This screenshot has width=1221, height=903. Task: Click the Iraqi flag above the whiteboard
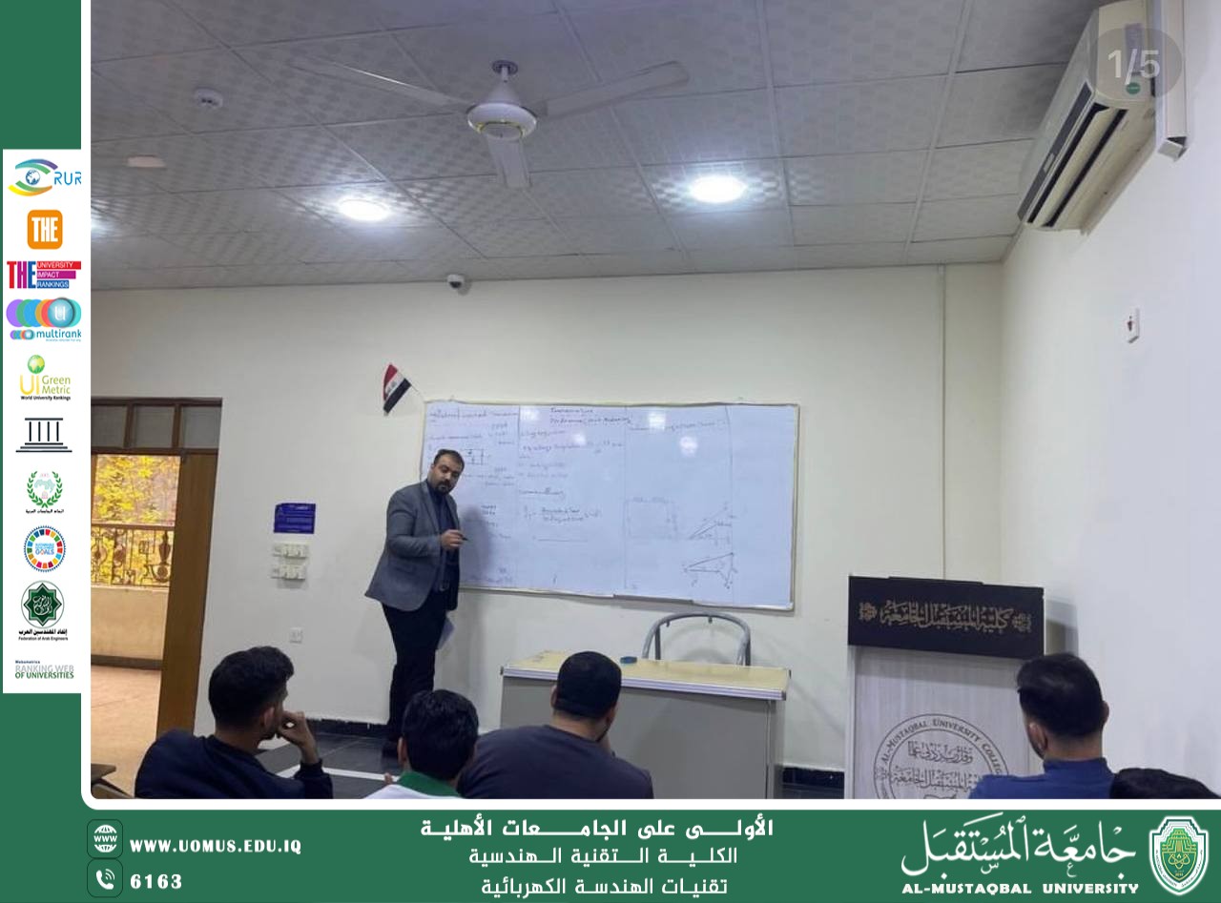click(395, 386)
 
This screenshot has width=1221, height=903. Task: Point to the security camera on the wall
click(456, 282)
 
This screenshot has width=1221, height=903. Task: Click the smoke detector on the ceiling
click(208, 98)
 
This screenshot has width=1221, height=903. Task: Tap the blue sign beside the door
click(294, 518)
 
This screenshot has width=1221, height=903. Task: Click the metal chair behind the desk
click(695, 637)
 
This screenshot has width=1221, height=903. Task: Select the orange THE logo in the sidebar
click(45, 229)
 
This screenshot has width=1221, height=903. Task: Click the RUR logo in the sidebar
click(44, 177)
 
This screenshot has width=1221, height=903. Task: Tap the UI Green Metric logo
click(45, 378)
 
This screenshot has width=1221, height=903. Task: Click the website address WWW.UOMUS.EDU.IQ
click(216, 846)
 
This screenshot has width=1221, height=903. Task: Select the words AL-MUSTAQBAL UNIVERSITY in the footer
click(1019, 888)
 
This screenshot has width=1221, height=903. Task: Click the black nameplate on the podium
click(944, 615)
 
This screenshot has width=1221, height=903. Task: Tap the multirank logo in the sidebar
click(45, 319)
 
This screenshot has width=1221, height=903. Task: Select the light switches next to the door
click(290, 561)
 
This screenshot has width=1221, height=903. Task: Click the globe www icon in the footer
click(105, 838)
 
